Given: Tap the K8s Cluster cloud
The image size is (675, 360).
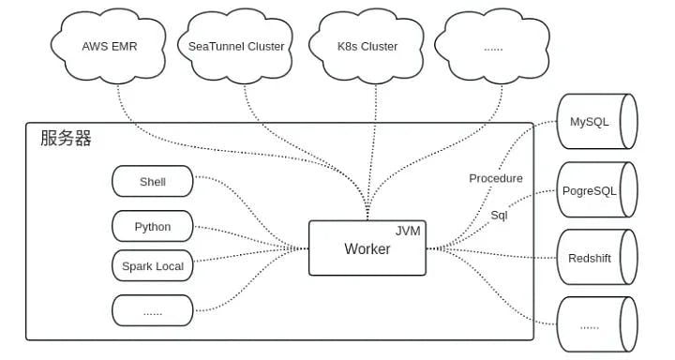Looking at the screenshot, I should coord(367,46).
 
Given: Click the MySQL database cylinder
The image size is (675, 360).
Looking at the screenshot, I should coord(595,123).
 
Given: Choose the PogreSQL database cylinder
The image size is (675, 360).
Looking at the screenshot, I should coord(595,190).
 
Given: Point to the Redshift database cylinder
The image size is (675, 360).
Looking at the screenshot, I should coord(595,258).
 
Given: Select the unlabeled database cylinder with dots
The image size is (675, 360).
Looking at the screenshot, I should coord(595,325).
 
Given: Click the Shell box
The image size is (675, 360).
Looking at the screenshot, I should coord(152,182).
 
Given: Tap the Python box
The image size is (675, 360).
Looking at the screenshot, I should coord(152,227).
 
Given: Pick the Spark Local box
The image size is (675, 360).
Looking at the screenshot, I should coord(152,266).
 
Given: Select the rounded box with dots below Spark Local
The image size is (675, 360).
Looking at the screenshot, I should coord(152,310).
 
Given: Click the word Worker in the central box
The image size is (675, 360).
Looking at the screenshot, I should coord(367,249).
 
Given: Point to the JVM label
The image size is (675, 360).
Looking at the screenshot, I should coord(407,231).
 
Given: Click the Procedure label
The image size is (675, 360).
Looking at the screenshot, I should coord(495,178).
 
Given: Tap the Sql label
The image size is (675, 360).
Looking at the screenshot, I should coord(499,215).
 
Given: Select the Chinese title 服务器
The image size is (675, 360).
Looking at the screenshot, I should coord(66,139).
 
